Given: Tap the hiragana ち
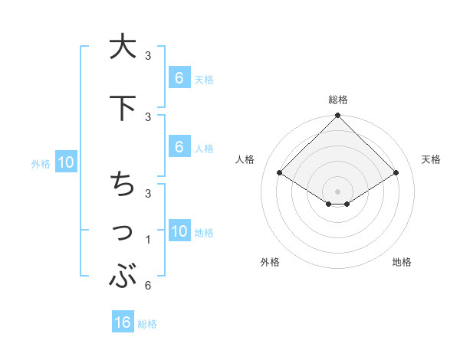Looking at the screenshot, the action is (123, 184).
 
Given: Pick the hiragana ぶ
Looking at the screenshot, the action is (123, 276).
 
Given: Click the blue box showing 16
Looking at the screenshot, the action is (123, 322).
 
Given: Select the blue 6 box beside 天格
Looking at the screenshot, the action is (179, 77).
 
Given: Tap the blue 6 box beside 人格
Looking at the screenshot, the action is (179, 146).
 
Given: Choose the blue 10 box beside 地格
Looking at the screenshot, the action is (179, 231).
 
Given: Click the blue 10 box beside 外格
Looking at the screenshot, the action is (65, 162).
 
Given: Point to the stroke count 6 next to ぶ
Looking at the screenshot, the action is (147, 286).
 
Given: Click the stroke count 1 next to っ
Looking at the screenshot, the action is (147, 240).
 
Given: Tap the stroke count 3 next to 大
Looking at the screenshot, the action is (147, 55).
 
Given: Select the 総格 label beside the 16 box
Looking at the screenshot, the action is (147, 324).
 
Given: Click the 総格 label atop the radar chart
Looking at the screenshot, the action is (338, 100).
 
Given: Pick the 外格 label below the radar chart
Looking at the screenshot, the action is (270, 262).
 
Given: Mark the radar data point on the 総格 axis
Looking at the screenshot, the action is (338, 116).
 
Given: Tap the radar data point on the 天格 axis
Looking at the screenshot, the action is (396, 172).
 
